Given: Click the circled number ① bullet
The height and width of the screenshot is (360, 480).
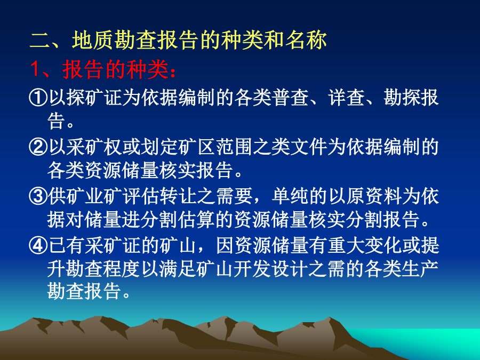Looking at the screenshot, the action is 38,98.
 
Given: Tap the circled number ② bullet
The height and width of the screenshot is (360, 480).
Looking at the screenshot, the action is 38,147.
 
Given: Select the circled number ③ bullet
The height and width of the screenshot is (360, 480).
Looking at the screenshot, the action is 38,196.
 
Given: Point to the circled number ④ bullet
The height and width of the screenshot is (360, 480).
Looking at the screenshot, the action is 38,245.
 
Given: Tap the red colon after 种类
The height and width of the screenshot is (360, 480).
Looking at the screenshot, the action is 173,73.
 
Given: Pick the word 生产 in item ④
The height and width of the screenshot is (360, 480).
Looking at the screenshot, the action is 420,269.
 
